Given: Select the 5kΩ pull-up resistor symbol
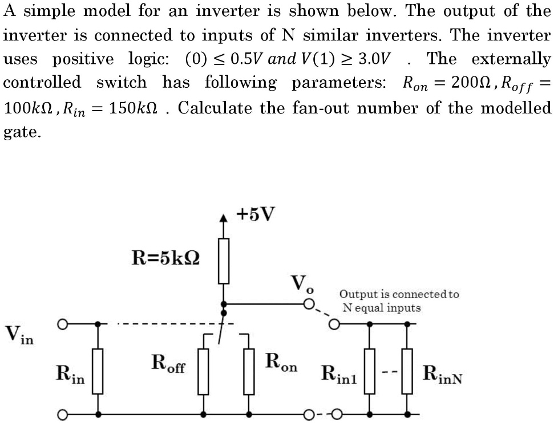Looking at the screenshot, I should [224, 261].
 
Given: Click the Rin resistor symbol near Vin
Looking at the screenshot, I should [98, 371].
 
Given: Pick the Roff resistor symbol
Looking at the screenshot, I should [205, 371].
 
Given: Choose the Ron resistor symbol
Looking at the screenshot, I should [249, 371].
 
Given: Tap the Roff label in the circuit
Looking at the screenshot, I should [168, 363].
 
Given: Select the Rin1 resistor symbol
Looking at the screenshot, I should [370, 371].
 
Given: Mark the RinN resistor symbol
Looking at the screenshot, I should [407, 371].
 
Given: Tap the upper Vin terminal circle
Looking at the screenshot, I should [64, 324].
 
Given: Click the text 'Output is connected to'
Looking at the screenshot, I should [399, 295].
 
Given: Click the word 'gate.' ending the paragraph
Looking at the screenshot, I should [22, 132].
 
